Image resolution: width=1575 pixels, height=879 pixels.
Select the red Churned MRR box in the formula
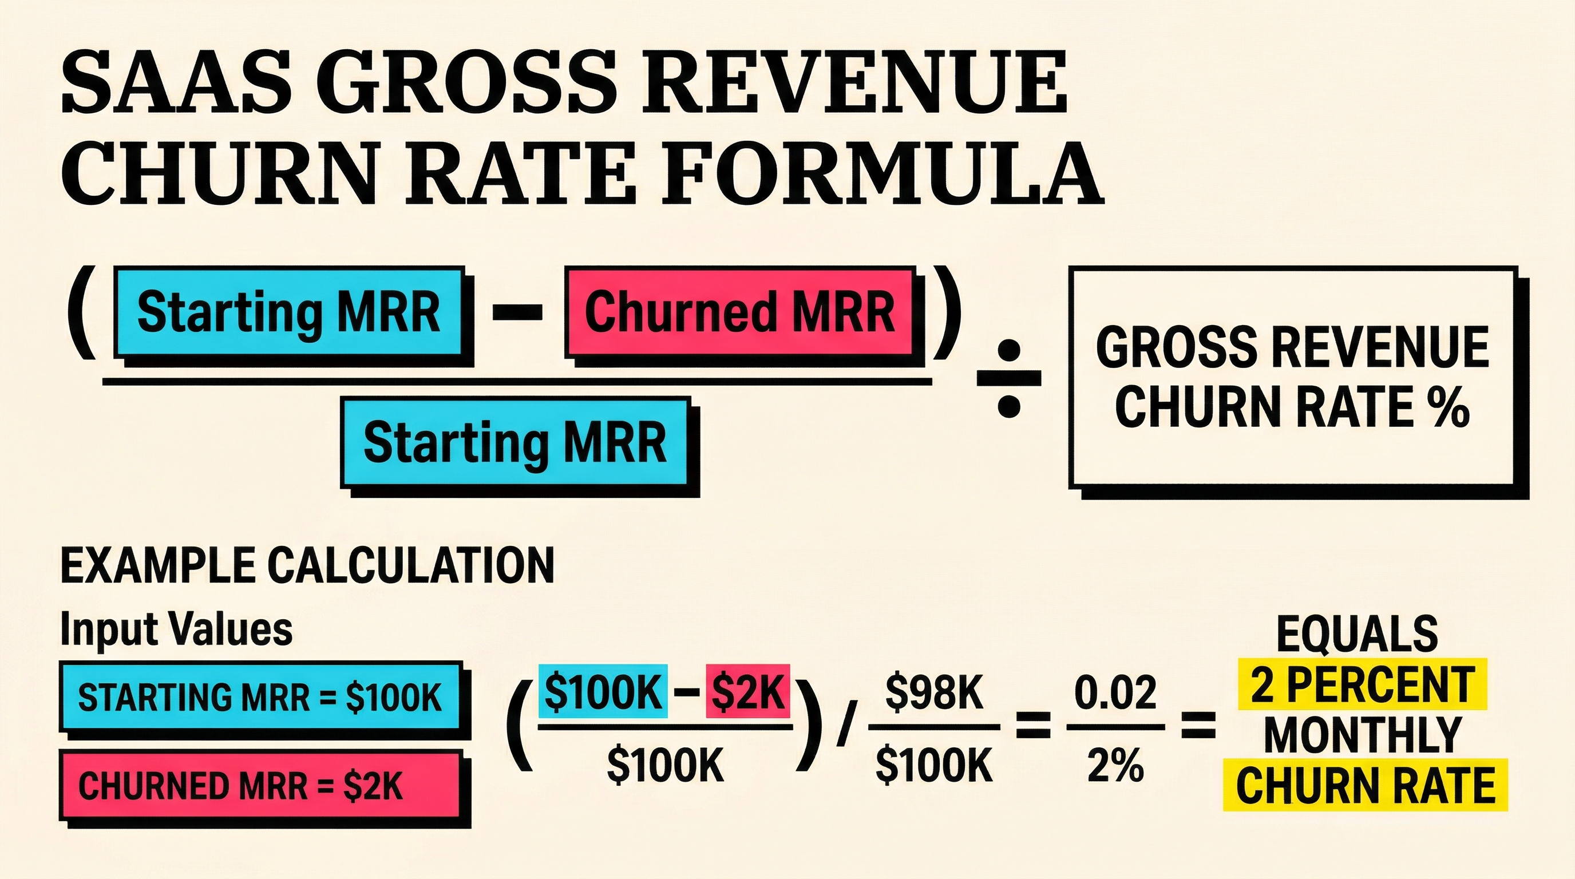click(x=740, y=312)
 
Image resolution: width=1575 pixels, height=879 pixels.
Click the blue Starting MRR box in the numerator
click(x=288, y=312)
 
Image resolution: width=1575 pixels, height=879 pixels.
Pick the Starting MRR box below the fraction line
click(x=515, y=442)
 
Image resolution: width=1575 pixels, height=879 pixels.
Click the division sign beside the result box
click(x=1008, y=379)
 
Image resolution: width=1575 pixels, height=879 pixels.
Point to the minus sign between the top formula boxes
click(x=517, y=312)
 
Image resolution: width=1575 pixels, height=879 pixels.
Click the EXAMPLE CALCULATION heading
click(x=307, y=566)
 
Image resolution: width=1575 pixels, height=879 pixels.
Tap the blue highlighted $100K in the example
click(x=602, y=691)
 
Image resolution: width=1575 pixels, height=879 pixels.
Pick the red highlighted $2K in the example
click(x=747, y=691)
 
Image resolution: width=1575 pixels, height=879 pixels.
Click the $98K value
click(x=933, y=693)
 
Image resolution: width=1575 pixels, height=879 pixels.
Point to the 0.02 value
click(x=1115, y=693)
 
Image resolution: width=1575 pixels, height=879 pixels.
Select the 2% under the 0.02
click(x=1115, y=765)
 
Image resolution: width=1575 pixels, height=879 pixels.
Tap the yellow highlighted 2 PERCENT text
click(x=1362, y=684)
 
